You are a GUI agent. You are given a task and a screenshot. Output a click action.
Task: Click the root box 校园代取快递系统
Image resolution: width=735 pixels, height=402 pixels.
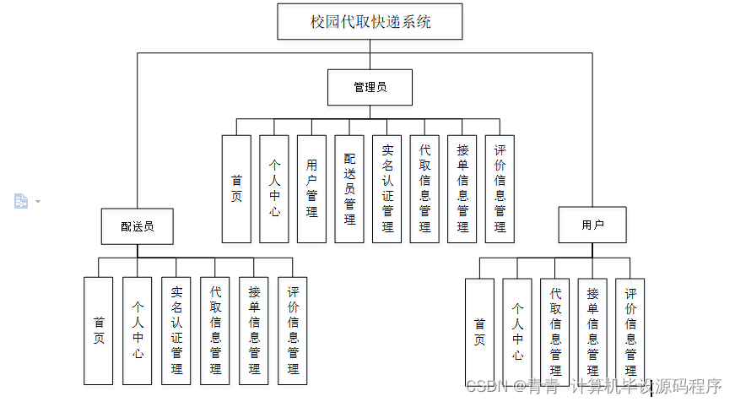[370, 22]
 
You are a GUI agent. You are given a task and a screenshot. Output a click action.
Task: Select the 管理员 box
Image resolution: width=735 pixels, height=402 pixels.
[370, 87]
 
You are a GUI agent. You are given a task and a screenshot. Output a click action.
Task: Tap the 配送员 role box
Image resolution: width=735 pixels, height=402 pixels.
[137, 226]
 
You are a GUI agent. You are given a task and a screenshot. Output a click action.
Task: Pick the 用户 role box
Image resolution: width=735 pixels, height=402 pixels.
[592, 225]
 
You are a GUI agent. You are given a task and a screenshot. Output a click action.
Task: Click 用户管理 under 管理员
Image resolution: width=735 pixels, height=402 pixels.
[311, 188]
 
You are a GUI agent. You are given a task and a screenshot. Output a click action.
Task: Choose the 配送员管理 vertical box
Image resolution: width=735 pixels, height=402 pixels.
[349, 188]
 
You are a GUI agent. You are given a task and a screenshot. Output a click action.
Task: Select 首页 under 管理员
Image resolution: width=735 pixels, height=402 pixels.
[236, 188]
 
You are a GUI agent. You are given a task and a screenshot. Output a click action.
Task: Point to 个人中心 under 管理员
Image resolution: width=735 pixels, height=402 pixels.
[274, 188]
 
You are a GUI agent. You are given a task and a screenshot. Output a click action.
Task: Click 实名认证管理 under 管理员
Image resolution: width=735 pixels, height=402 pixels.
[387, 188]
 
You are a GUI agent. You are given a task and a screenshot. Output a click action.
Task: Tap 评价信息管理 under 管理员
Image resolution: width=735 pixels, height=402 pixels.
[500, 188]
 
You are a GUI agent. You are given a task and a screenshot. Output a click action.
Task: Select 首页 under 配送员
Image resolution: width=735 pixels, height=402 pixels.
[99, 330]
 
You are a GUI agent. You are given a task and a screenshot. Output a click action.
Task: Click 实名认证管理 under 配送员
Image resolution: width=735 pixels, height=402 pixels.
[176, 330]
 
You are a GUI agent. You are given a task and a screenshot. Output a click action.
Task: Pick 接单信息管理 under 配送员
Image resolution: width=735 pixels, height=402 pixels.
[254, 330]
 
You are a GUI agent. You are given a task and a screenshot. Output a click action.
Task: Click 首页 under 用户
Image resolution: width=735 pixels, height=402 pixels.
[479, 331]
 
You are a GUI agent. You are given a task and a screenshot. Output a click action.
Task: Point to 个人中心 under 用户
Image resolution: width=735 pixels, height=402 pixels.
[517, 331]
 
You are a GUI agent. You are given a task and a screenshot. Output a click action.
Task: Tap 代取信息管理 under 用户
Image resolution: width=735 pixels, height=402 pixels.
[555, 331]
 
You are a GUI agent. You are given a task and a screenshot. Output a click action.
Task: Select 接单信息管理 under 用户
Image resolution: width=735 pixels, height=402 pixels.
[592, 331]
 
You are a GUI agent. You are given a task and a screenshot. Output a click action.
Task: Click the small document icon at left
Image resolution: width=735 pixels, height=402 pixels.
[21, 200]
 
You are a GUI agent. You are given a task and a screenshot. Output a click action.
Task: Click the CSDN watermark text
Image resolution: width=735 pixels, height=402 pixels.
[594, 387]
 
